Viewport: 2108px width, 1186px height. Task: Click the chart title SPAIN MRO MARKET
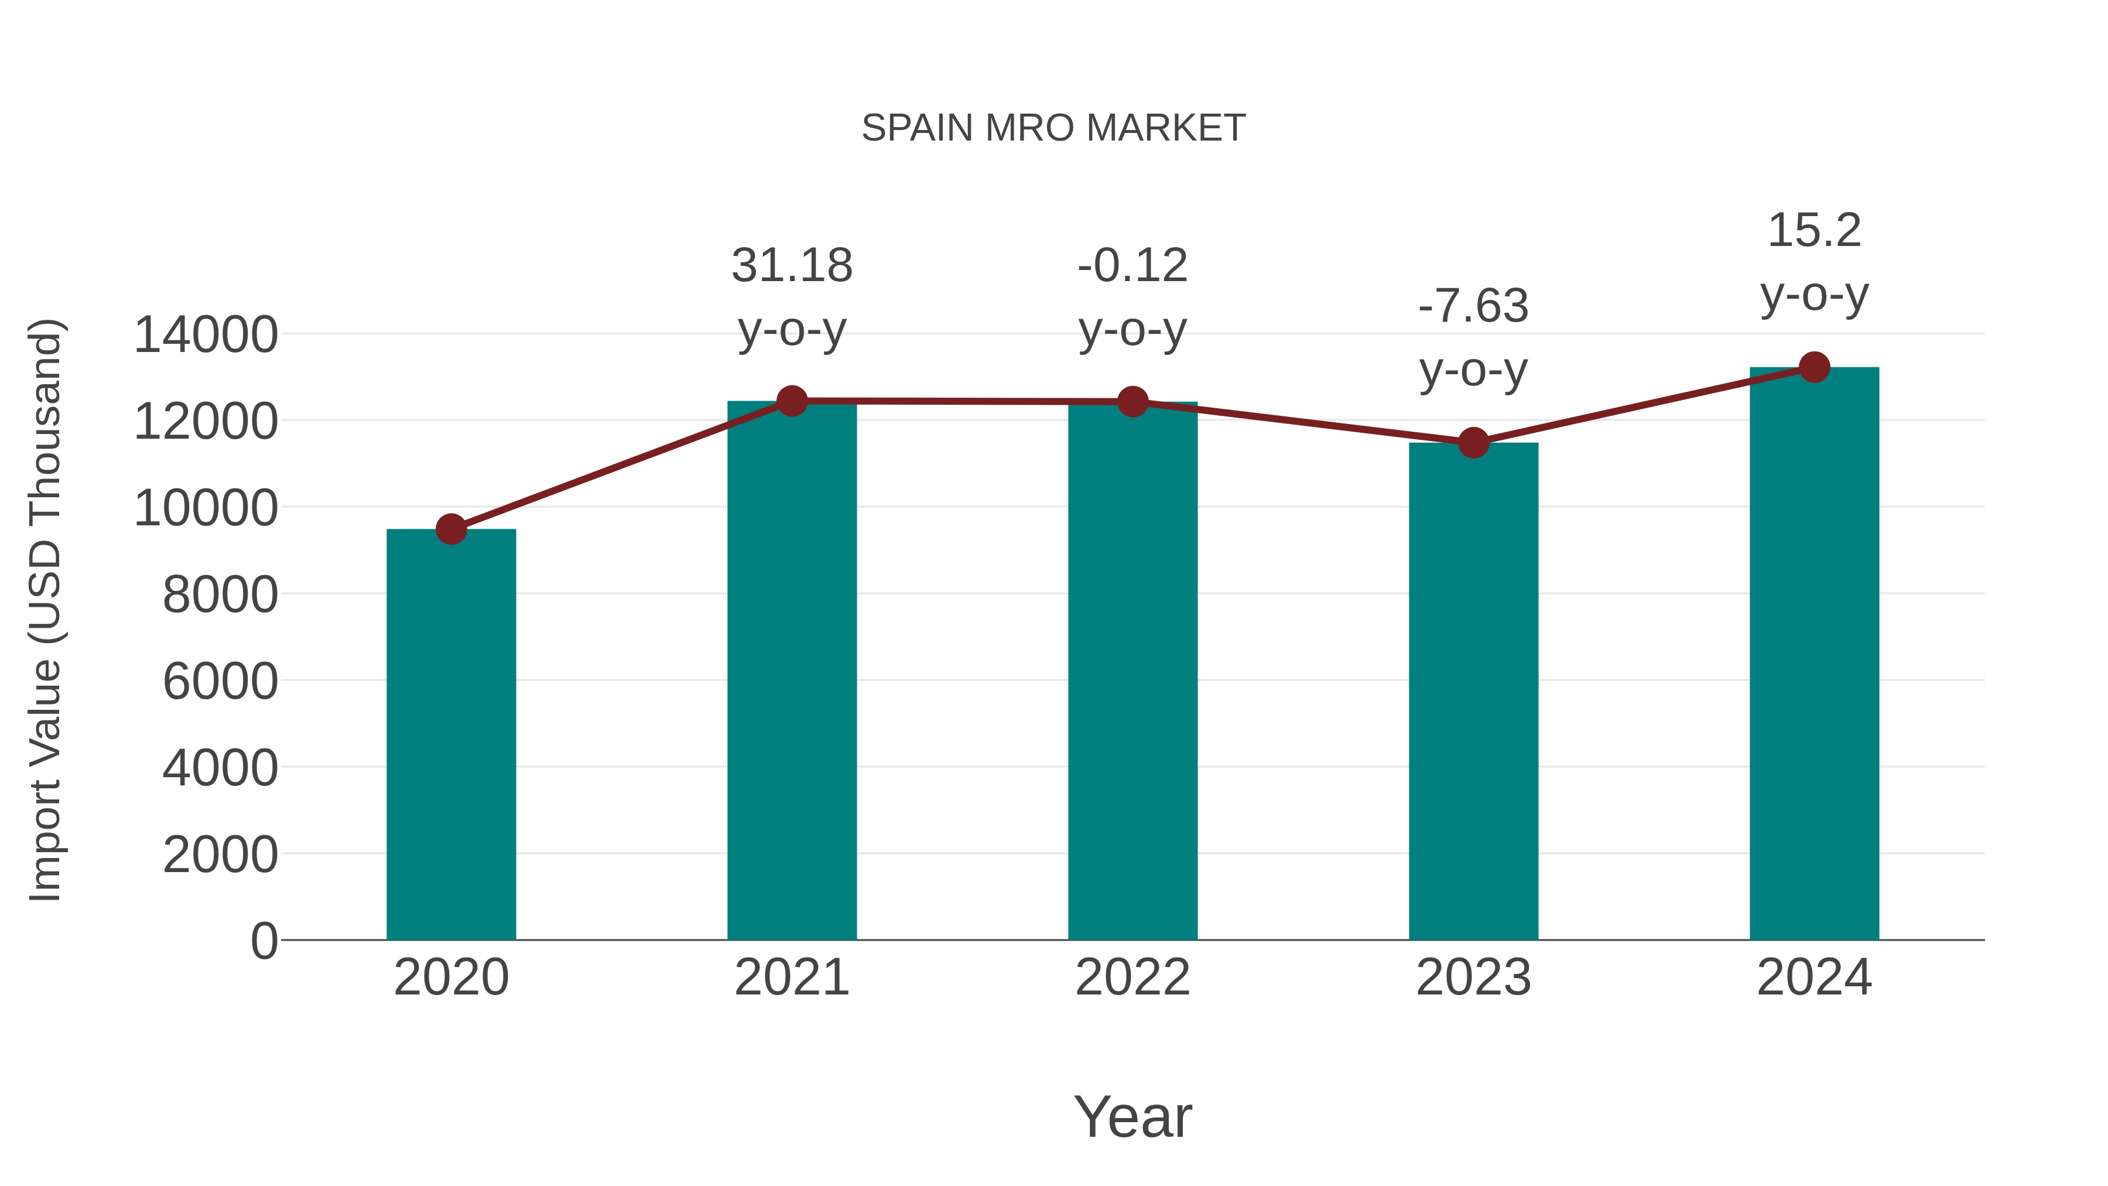pos(1053,128)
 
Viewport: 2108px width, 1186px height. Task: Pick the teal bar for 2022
pos(1132,671)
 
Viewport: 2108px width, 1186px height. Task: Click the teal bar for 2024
pos(1814,655)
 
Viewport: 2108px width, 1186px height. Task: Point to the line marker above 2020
pos(451,529)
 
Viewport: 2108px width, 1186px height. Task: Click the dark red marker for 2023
pos(1473,443)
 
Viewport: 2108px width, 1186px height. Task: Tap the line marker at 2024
pos(1814,367)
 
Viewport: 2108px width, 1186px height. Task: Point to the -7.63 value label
pos(1473,306)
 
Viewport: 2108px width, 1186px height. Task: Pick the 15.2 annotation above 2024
pos(1814,230)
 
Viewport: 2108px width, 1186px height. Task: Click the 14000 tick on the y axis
pos(206,335)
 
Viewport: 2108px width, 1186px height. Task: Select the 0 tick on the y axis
pos(263,941)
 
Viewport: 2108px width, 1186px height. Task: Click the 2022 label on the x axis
pos(1132,977)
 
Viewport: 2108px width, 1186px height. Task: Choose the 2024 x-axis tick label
pos(1814,977)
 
